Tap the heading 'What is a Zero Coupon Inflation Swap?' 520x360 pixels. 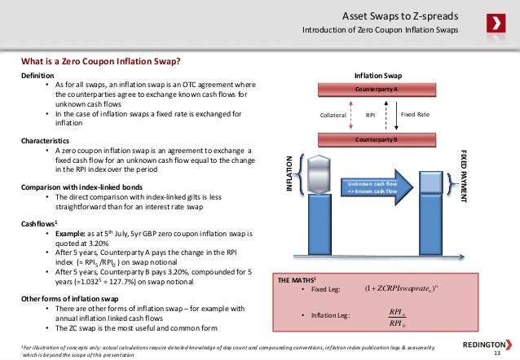101,61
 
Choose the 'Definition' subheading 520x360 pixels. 38,74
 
